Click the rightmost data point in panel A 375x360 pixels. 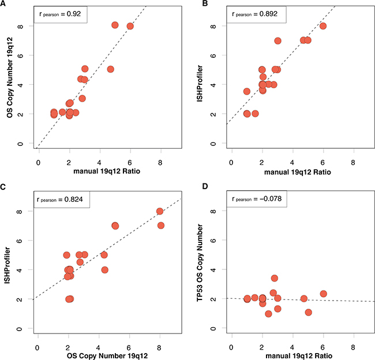(x=130, y=26)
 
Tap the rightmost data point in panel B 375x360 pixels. (x=323, y=26)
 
